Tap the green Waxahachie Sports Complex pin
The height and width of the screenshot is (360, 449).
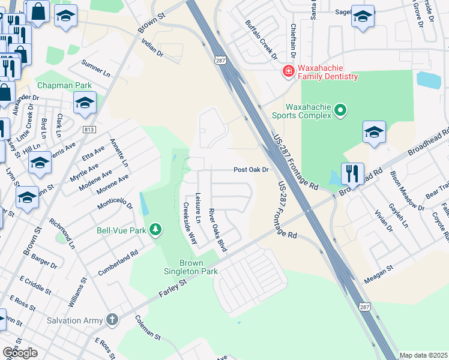[340, 110]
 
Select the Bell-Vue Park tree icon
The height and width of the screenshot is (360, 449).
[155, 230]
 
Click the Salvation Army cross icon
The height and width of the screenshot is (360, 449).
[112, 320]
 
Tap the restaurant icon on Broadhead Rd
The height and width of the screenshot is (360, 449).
[352, 175]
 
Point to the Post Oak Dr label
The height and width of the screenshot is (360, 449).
[251, 170]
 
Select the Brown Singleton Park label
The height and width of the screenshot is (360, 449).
[191, 267]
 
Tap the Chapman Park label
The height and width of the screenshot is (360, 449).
[64, 85]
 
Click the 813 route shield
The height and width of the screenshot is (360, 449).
[89, 130]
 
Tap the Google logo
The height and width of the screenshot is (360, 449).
[20, 353]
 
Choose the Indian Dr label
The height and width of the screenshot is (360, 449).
[152, 48]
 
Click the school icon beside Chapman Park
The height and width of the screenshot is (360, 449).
[85, 103]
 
